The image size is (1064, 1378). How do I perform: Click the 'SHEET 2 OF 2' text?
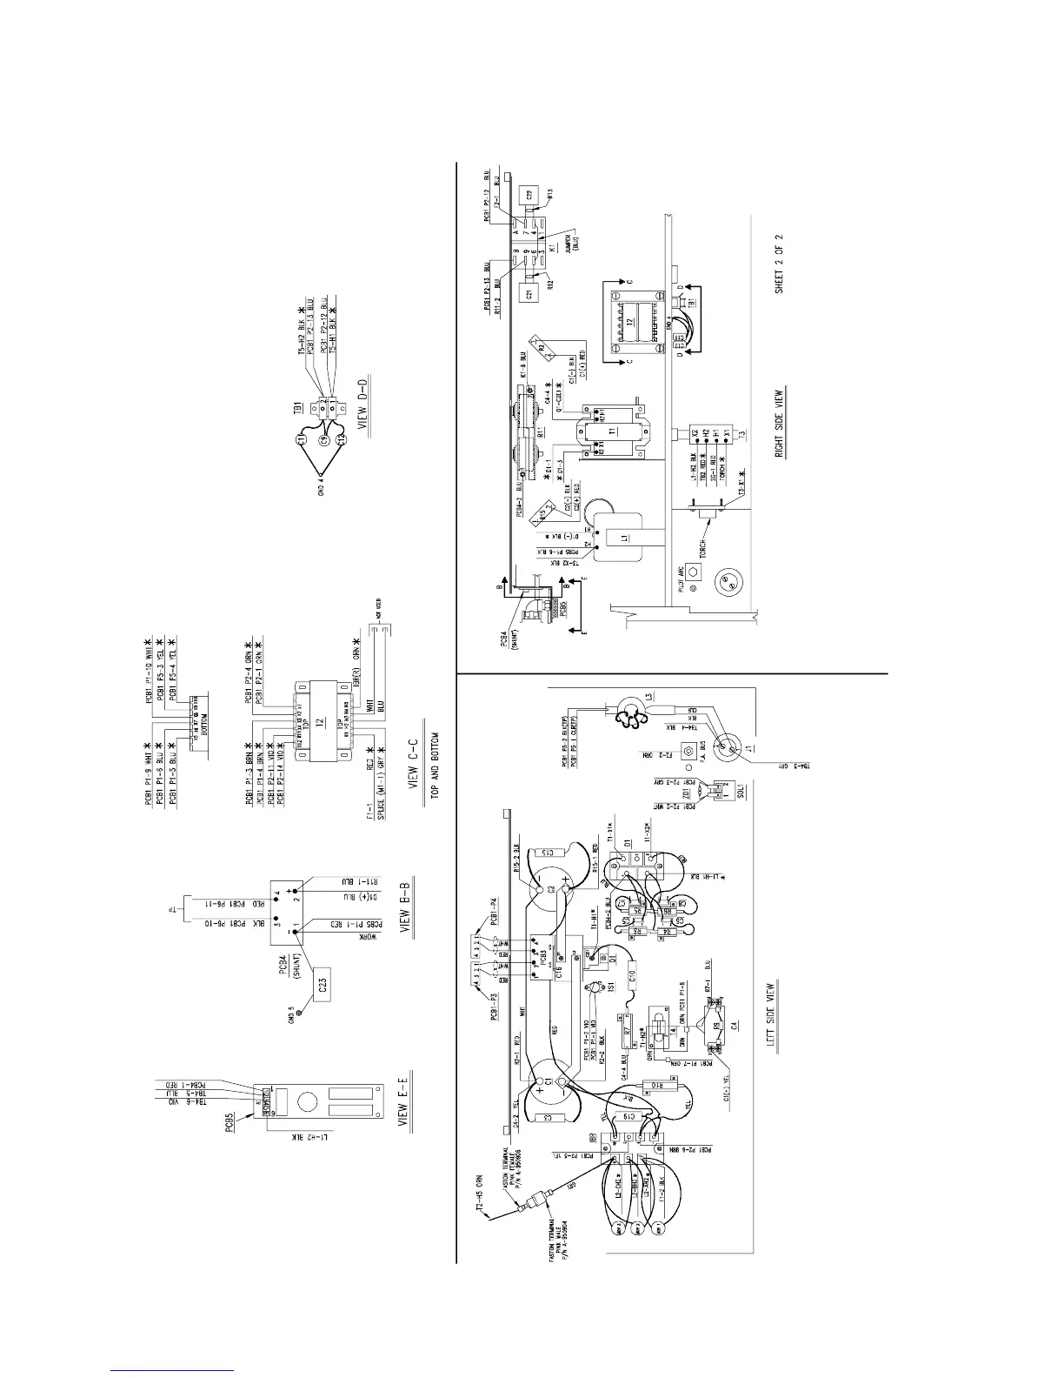pos(779,263)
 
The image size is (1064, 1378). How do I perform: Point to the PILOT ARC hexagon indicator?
pos(694,572)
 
